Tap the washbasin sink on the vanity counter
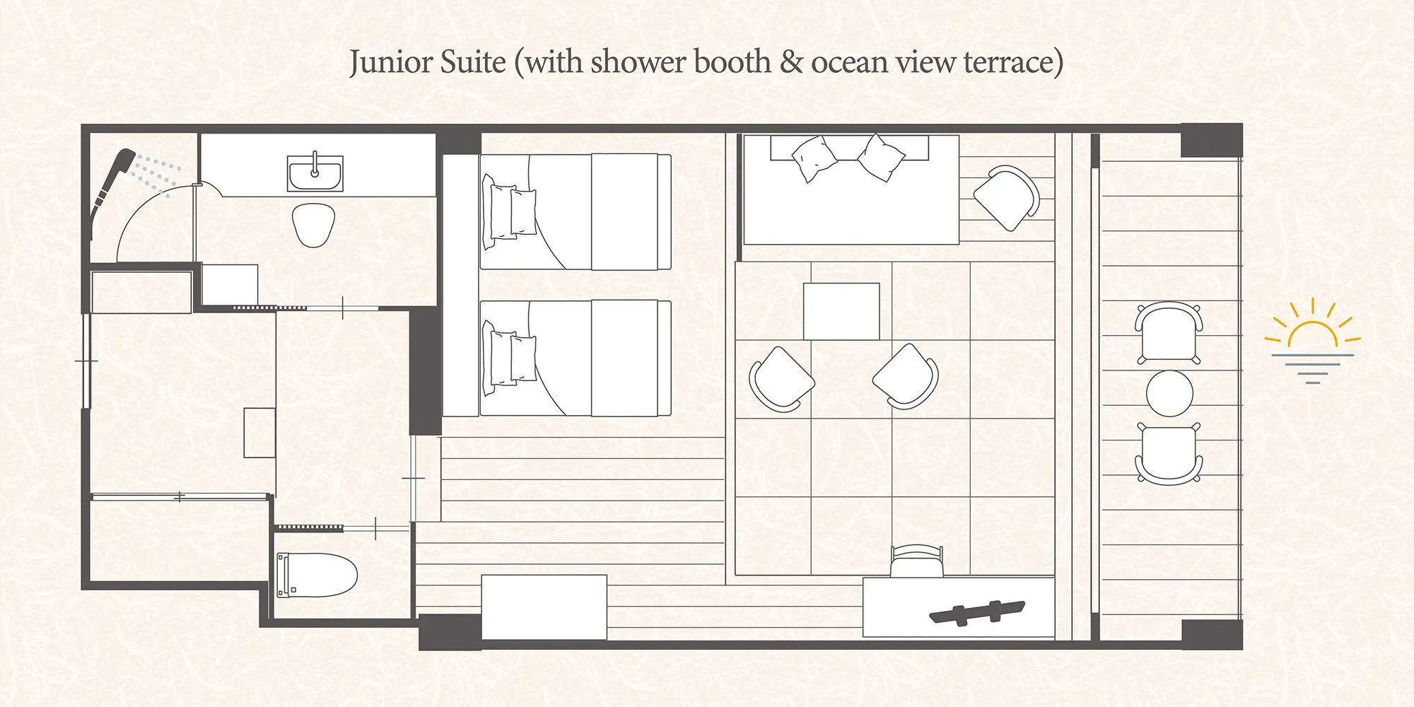[315, 173]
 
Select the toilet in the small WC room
[317, 575]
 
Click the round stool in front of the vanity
[313, 225]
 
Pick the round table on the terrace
[1169, 393]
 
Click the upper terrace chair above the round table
[1169, 332]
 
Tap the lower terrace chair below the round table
[1169, 453]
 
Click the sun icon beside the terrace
[1312, 340]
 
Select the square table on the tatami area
[841, 312]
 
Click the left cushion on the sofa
[814, 159]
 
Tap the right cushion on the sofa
[881, 157]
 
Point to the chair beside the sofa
[1007, 197]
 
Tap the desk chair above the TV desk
[917, 561]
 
